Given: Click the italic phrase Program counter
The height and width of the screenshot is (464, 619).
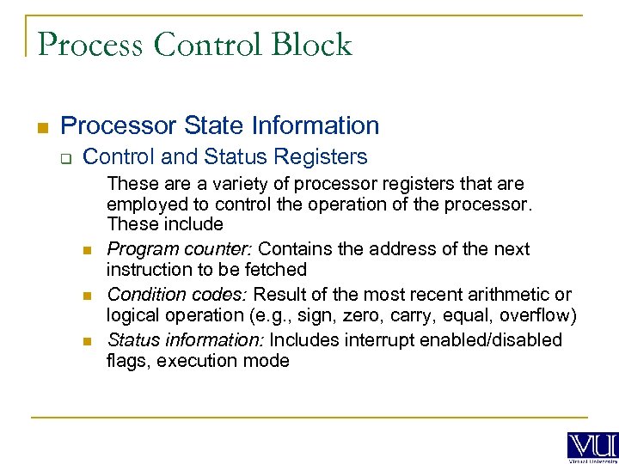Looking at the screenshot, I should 180,250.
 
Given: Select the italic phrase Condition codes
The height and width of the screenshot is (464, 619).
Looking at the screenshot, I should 176,296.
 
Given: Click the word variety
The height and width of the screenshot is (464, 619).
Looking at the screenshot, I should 230,184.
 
